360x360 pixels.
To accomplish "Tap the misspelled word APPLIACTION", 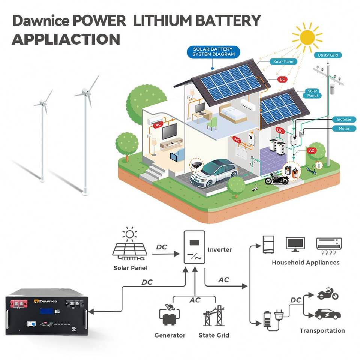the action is (x=66, y=39).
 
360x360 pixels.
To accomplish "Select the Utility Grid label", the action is (x=328, y=55).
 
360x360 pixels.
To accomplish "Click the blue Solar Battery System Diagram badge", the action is (x=213, y=52).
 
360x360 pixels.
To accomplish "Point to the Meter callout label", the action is (x=344, y=129).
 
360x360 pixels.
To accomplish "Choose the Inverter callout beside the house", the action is (x=344, y=120).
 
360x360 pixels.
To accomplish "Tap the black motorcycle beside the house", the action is (x=277, y=178).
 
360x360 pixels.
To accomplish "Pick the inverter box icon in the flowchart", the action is (x=194, y=247).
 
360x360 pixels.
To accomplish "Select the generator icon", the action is (x=169, y=317).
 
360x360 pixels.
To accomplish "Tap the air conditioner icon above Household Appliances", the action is (x=329, y=244).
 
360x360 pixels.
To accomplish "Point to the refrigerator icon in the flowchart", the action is (x=268, y=244).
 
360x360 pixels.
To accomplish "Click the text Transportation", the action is (x=322, y=330).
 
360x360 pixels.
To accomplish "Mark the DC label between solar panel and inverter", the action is (x=161, y=247).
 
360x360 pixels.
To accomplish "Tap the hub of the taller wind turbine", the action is (x=86, y=91).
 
